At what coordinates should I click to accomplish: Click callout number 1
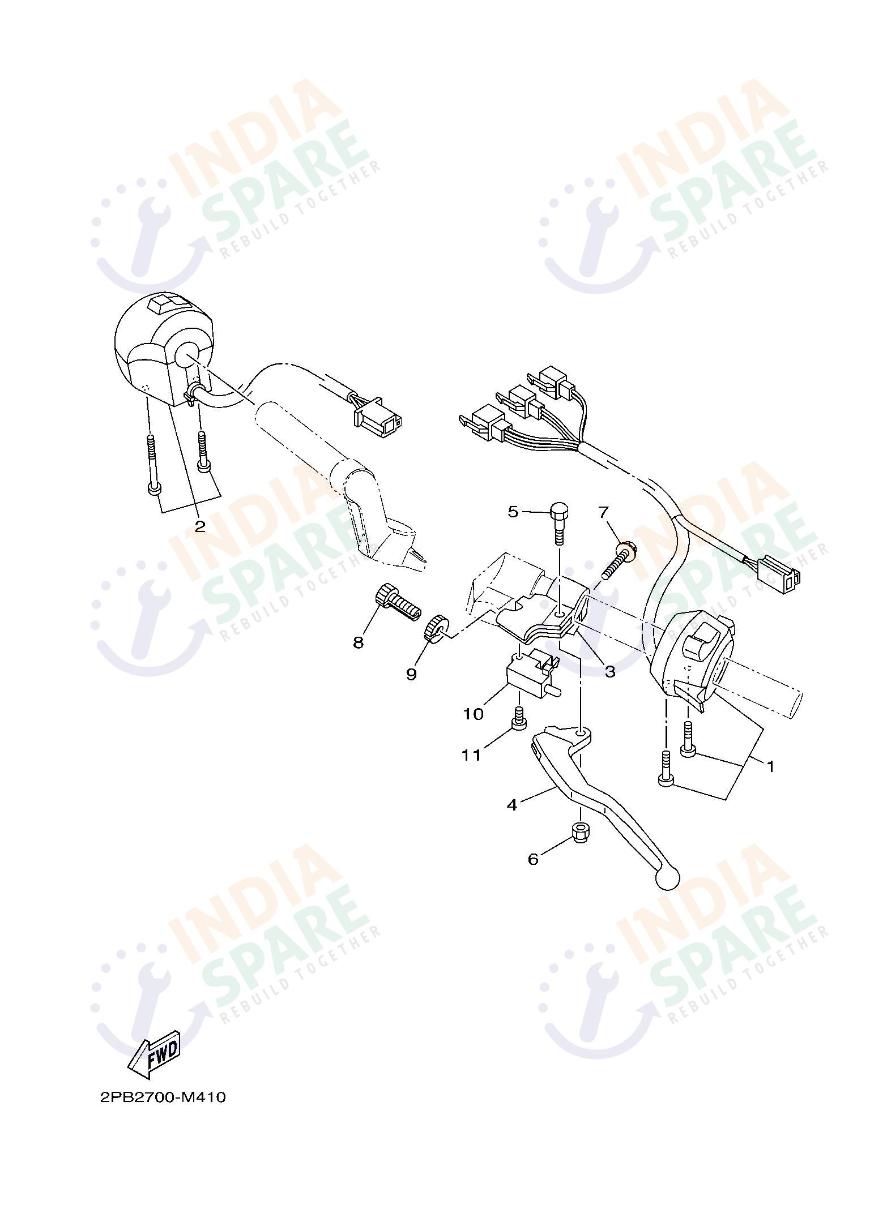[x=770, y=765]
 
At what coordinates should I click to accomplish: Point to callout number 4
[x=512, y=803]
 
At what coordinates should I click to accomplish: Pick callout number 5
[x=513, y=512]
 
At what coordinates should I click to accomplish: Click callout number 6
[x=533, y=859]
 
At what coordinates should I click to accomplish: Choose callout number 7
[x=603, y=513]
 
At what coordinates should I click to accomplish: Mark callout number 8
[x=358, y=642]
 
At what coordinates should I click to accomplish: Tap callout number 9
[x=411, y=674]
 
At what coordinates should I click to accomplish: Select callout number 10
[x=473, y=713]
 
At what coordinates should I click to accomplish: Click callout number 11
[x=471, y=755]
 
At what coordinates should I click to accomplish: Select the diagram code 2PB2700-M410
[x=163, y=1097]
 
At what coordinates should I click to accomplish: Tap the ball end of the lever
[x=665, y=877]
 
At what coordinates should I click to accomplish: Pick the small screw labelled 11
[x=518, y=718]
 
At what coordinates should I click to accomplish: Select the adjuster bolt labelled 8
[x=396, y=603]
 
